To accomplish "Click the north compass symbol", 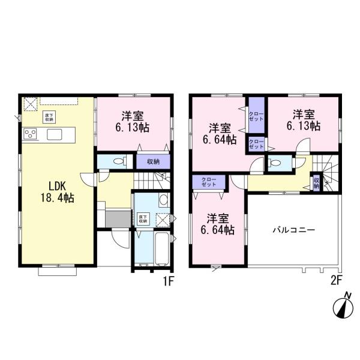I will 343,307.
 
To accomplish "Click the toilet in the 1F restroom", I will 118,161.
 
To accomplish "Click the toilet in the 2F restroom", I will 276,163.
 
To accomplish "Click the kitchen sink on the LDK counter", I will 53,133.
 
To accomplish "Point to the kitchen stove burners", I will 30,133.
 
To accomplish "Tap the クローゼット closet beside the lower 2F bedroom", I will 208,181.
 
